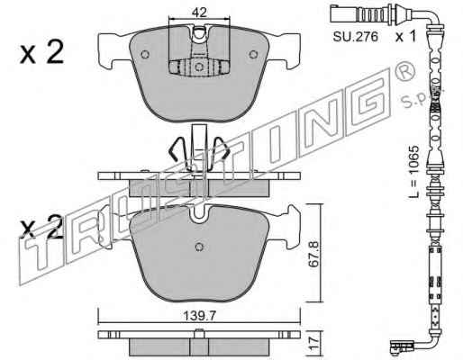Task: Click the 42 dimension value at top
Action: [199, 13]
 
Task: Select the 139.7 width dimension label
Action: [199, 316]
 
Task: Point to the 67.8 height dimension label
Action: [314, 253]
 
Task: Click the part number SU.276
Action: [355, 37]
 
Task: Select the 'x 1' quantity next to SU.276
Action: [405, 37]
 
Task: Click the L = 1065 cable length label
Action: [414, 172]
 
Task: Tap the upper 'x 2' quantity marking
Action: [41, 52]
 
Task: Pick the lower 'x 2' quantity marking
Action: [41, 227]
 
